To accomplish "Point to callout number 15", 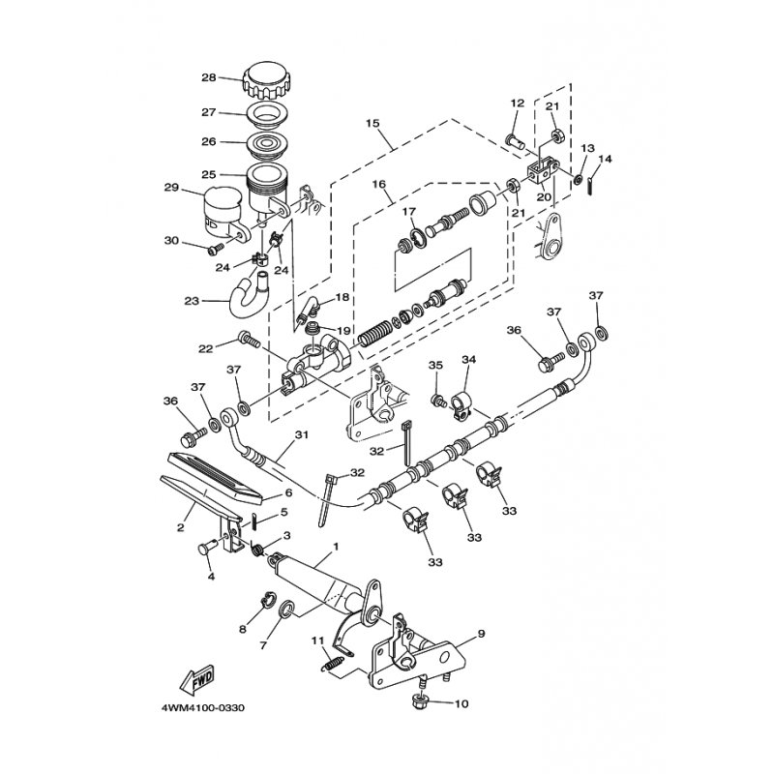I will click(x=373, y=125).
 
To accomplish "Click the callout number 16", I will click(x=377, y=183).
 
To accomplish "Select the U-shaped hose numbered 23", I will click(x=246, y=292).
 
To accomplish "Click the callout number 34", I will click(x=468, y=360).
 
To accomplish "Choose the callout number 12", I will click(x=516, y=104).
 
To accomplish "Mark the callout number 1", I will click(x=335, y=547).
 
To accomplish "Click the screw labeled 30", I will click(x=215, y=250).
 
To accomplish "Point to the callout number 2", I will click(x=180, y=527).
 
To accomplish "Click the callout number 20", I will click(x=544, y=196).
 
